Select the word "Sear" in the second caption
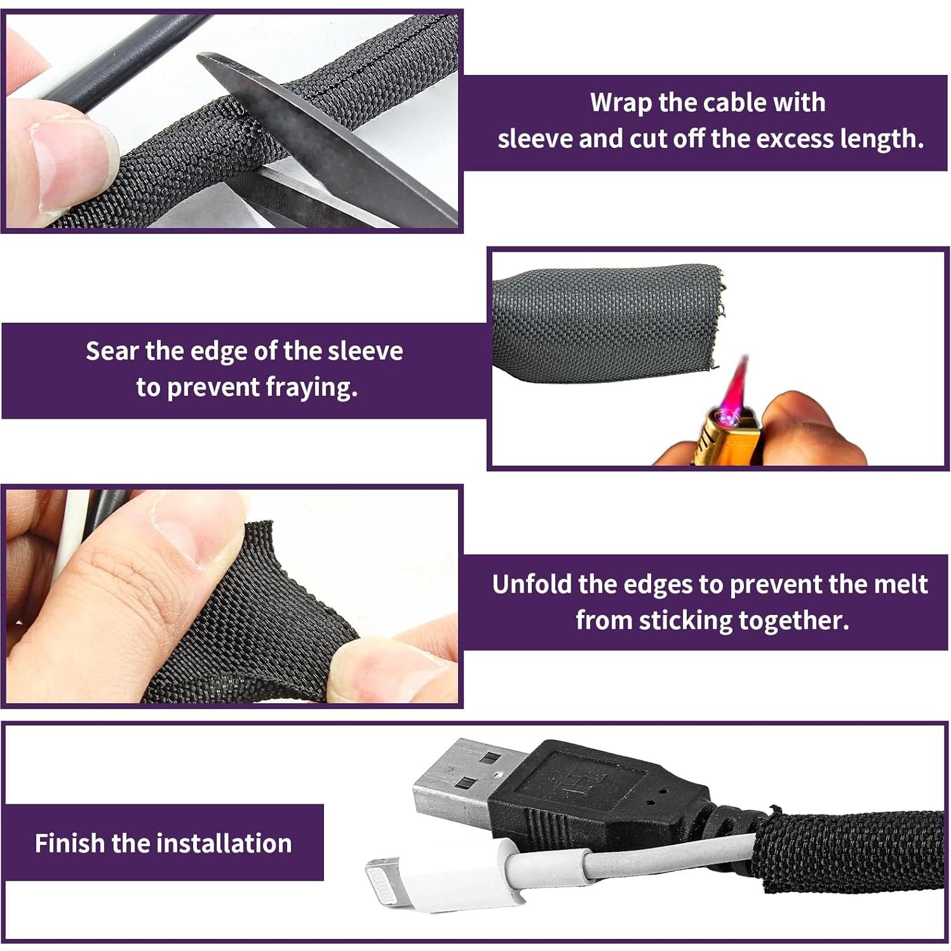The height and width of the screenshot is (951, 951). pos(112,351)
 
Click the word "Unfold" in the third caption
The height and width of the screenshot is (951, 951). pos(532,584)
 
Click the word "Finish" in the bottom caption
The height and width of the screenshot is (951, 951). pos(69,844)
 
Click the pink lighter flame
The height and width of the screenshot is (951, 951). pos(738,388)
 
